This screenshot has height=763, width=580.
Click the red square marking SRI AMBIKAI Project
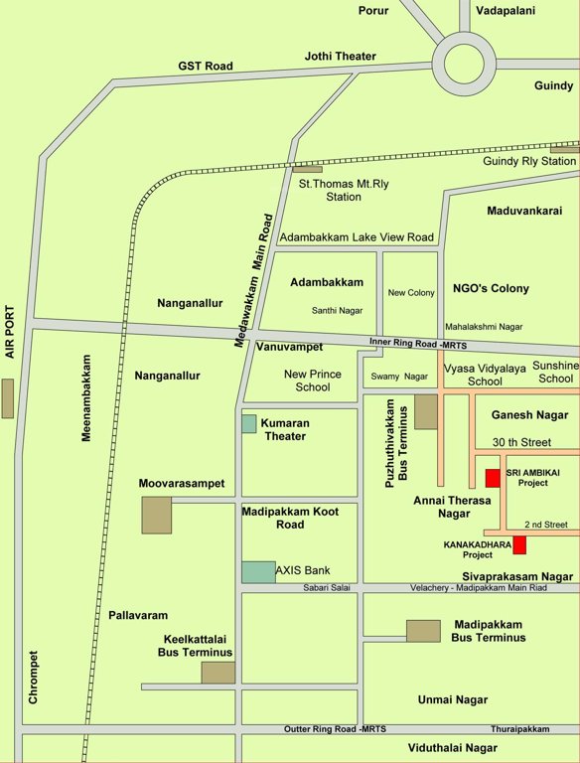click(x=492, y=478)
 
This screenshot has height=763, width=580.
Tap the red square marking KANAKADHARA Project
click(x=519, y=544)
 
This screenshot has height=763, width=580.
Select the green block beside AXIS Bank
click(x=258, y=571)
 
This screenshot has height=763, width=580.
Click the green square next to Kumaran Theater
click(x=249, y=423)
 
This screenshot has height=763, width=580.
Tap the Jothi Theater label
click(x=341, y=57)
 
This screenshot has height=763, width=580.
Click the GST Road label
click(x=206, y=66)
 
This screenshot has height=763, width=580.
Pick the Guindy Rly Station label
click(x=529, y=161)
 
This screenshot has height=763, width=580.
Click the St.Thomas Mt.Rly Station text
click(x=330, y=190)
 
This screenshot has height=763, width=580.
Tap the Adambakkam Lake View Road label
click(x=357, y=237)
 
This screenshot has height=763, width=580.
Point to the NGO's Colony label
click(x=491, y=288)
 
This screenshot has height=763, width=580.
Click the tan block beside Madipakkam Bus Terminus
click(x=423, y=630)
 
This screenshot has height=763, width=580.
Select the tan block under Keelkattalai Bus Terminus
click(x=217, y=673)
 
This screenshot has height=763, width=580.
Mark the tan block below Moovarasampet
click(x=156, y=515)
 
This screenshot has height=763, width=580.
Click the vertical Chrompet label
click(x=33, y=678)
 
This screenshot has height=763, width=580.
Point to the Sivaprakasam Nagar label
click(x=517, y=576)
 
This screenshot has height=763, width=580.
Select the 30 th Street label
click(x=519, y=442)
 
